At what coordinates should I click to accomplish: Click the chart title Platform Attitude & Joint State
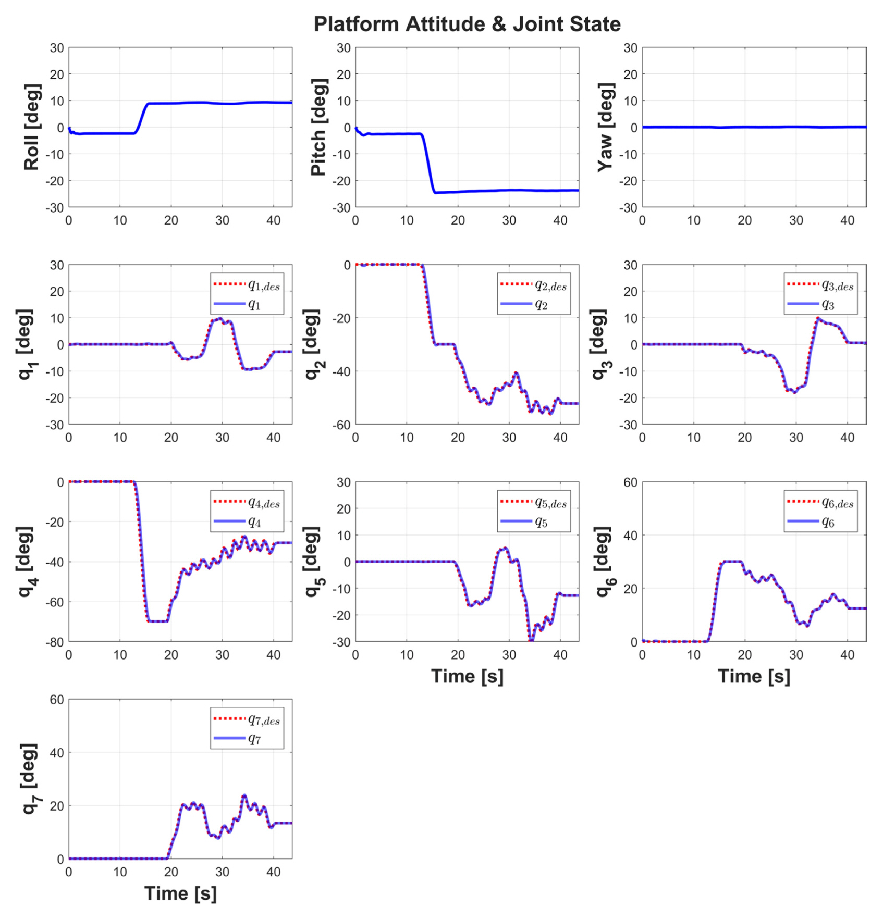click(x=467, y=24)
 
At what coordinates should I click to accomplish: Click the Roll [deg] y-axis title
click(x=31, y=127)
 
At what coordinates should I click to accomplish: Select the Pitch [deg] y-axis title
click(x=318, y=127)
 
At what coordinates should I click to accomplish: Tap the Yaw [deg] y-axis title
click(x=606, y=127)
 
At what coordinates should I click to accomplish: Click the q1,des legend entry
click(x=264, y=284)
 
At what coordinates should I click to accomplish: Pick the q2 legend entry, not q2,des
click(x=541, y=305)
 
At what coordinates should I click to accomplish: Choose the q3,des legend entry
click(x=837, y=284)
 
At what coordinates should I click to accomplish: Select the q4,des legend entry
click(x=264, y=502)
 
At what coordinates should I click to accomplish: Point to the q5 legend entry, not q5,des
click(x=541, y=522)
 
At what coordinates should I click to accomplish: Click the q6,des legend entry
click(x=837, y=502)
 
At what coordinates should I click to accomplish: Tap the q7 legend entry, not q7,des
click(x=254, y=739)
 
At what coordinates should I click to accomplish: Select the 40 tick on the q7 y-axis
click(x=57, y=753)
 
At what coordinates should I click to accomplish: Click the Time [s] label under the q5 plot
click(x=467, y=676)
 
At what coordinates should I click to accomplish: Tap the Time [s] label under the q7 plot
click(x=180, y=893)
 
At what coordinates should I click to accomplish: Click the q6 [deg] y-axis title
click(x=603, y=562)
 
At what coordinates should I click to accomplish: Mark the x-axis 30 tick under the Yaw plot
click(x=796, y=220)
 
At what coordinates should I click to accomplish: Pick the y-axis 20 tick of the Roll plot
click(x=57, y=74)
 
